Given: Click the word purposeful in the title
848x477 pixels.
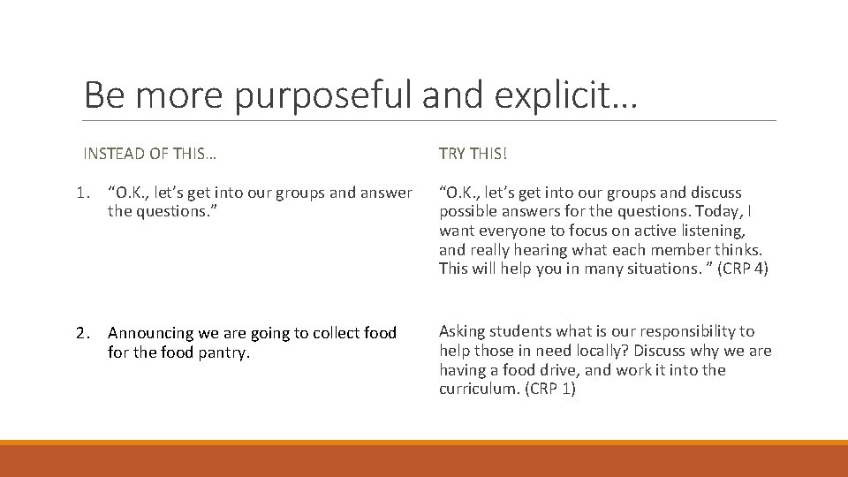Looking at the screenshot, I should pyautogui.click(x=324, y=95).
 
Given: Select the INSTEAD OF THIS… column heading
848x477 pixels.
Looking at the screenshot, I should pyautogui.click(x=149, y=154).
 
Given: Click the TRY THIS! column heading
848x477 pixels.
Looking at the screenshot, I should pyautogui.click(x=473, y=154).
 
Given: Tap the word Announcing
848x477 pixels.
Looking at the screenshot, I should pyautogui.click(x=152, y=333).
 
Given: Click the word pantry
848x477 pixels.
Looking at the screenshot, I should pyautogui.click(x=225, y=352).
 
